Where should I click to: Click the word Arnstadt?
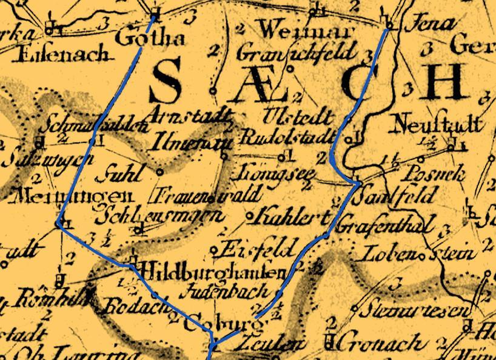tap(189, 115)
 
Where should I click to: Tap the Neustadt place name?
tap(438, 125)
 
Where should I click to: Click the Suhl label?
tap(123, 174)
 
